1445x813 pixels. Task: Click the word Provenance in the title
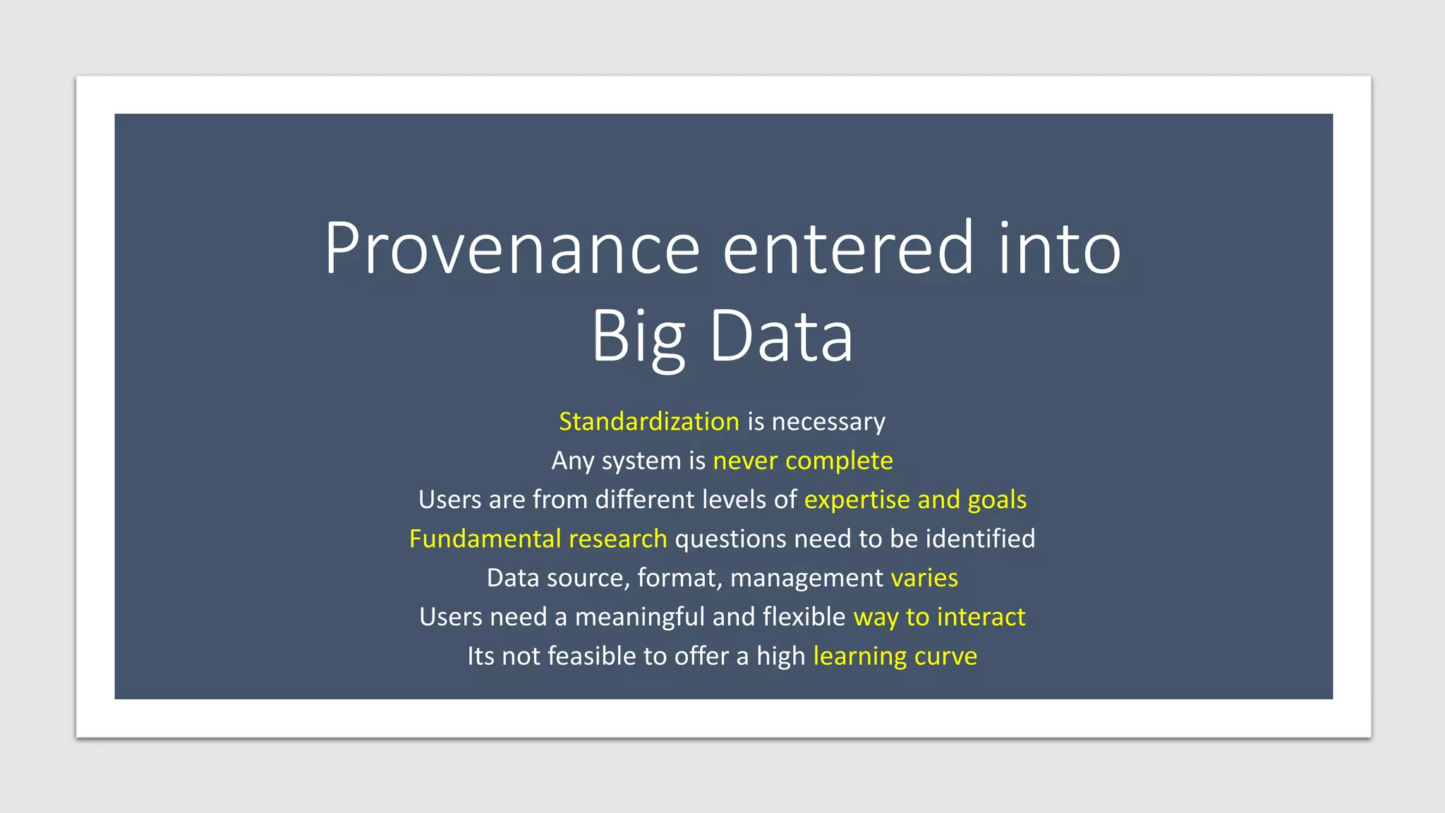click(512, 248)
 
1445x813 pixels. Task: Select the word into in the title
click(1059, 248)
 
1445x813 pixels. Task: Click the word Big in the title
click(638, 337)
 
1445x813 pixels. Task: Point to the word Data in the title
click(781, 337)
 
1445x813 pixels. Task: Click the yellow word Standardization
click(648, 421)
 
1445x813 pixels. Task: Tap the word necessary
click(828, 421)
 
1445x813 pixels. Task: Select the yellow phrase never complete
click(803, 460)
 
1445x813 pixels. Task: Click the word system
click(641, 461)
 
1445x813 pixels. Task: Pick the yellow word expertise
click(857, 500)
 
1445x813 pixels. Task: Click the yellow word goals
click(997, 500)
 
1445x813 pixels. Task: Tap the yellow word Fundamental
click(485, 538)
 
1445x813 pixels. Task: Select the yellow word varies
click(924, 578)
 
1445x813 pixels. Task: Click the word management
click(806, 578)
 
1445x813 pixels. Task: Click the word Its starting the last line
click(480, 656)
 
